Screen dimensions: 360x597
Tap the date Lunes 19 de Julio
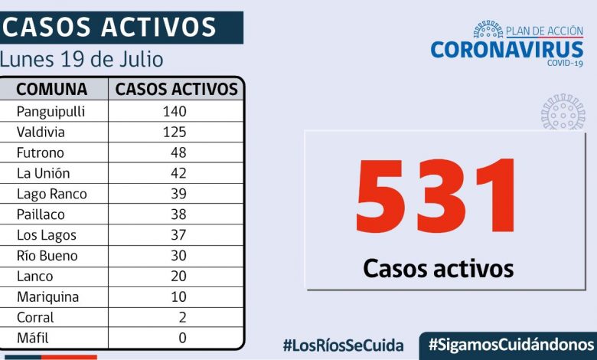(x=82, y=59)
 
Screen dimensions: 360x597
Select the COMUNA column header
(x=51, y=89)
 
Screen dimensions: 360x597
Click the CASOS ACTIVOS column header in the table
(x=177, y=89)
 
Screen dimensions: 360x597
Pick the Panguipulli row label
(x=51, y=111)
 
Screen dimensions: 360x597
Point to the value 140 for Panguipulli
(x=174, y=111)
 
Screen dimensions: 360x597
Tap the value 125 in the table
(x=174, y=132)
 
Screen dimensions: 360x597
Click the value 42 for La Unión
(x=178, y=173)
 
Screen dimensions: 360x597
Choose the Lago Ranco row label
(x=51, y=194)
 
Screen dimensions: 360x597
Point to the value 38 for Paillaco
(x=178, y=214)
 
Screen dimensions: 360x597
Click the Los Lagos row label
(x=47, y=235)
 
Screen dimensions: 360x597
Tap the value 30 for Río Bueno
(x=178, y=256)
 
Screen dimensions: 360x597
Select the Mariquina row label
(x=47, y=296)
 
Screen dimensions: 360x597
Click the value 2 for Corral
(x=182, y=317)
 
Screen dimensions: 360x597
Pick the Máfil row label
(x=35, y=338)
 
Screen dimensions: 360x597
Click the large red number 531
(x=437, y=197)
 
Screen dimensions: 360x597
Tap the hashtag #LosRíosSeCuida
(x=343, y=345)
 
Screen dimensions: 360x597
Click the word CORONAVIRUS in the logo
(x=507, y=49)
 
